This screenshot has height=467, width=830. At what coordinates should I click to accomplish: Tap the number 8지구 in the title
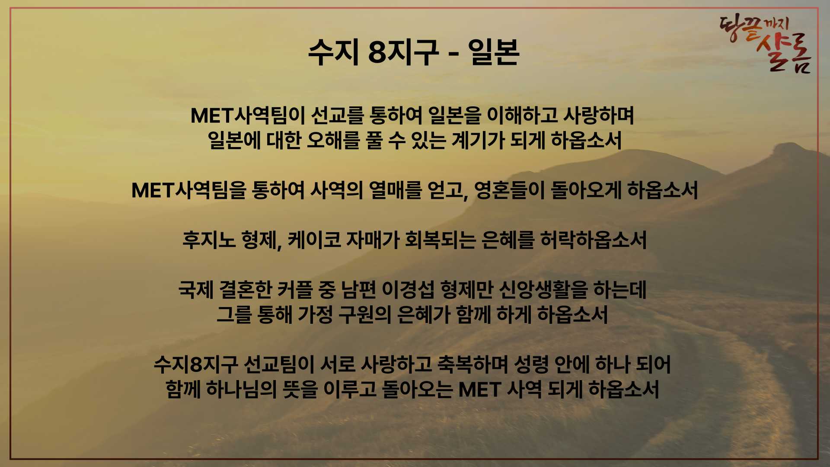403,52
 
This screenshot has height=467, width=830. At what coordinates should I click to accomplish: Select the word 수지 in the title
333,52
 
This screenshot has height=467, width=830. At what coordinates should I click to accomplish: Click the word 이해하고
522,115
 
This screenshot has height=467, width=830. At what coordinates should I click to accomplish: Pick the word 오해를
333,141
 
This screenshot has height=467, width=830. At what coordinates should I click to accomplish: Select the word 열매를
395,190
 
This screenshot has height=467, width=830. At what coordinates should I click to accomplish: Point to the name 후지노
209,240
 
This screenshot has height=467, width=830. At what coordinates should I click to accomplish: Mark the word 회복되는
440,240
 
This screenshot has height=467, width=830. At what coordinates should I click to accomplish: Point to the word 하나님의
241,390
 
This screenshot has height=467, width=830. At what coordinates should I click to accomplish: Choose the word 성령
531,365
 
